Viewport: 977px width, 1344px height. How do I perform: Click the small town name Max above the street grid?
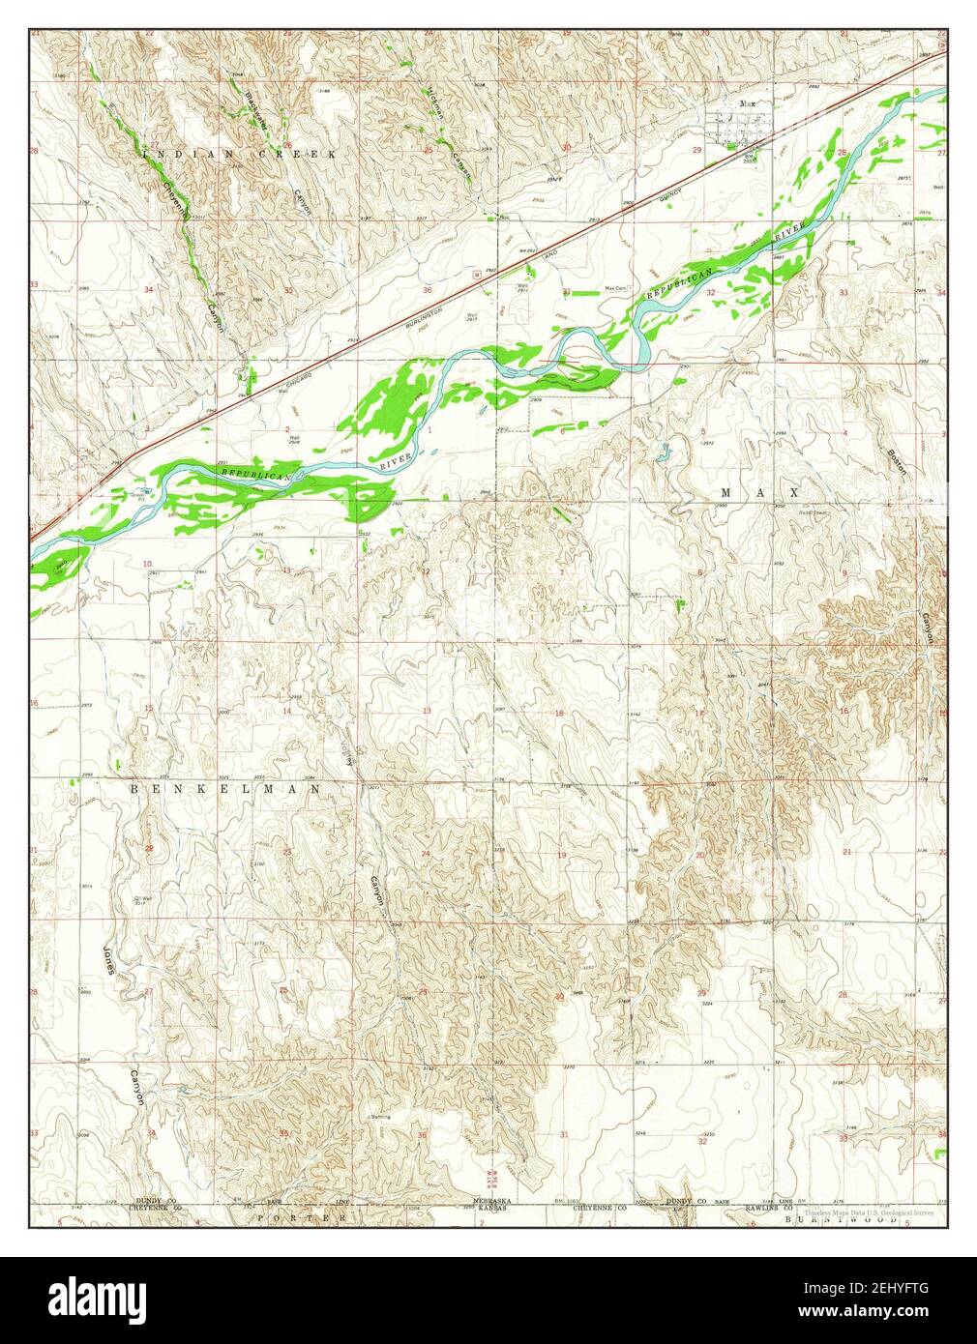[745, 103]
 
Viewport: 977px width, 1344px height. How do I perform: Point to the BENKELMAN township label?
[224, 789]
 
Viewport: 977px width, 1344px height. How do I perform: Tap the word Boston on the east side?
[899, 460]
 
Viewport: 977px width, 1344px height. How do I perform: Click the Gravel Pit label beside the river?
[137, 495]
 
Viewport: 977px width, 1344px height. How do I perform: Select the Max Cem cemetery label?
[616, 287]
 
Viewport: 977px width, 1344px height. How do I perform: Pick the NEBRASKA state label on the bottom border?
[490, 1200]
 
